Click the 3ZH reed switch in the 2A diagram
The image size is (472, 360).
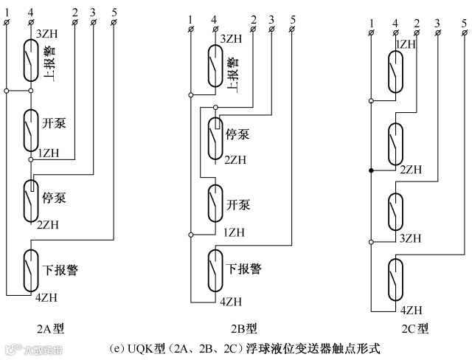point(31,60)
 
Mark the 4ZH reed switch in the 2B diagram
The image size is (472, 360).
point(214,271)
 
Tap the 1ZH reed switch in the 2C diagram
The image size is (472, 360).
point(396,73)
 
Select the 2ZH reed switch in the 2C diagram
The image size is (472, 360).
point(396,143)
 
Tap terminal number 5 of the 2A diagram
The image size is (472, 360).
point(114,13)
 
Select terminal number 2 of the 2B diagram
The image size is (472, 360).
point(254,18)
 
